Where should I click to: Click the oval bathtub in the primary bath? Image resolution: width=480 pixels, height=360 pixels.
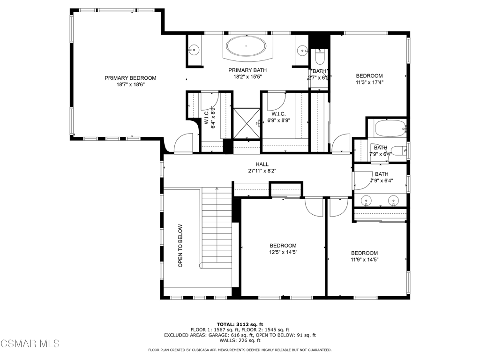pyautogui.click(x=246, y=46)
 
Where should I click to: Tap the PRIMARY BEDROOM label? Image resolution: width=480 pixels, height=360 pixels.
pyautogui.click(x=130, y=78)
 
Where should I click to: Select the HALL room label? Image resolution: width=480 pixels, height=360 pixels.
pyautogui.click(x=262, y=165)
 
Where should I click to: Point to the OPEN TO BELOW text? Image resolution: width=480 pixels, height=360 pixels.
pyautogui.click(x=180, y=246)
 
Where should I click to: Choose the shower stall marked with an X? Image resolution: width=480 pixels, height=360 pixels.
pyautogui.click(x=247, y=123)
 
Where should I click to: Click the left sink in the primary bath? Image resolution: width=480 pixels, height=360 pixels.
pyautogui.click(x=194, y=49)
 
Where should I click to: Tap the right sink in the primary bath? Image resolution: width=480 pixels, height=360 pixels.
pyautogui.click(x=302, y=49)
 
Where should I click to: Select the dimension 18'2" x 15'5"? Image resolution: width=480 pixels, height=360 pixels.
pyautogui.click(x=247, y=77)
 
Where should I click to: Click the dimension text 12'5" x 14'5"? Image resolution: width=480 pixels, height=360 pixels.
pyautogui.click(x=283, y=252)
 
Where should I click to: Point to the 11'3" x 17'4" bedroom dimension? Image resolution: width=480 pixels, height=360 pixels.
pyautogui.click(x=369, y=82)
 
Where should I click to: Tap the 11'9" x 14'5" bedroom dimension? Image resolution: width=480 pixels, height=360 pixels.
pyautogui.click(x=365, y=260)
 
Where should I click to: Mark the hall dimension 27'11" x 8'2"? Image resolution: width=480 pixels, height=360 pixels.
pyautogui.click(x=262, y=171)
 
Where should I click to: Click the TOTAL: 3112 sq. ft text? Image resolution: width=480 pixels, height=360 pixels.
pyautogui.click(x=240, y=324)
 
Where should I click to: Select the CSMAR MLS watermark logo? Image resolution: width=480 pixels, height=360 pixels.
pyautogui.click(x=30, y=343)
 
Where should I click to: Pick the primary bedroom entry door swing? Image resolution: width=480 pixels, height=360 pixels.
pyautogui.click(x=184, y=142)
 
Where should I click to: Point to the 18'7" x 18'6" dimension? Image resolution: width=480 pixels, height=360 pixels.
pyautogui.click(x=130, y=85)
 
